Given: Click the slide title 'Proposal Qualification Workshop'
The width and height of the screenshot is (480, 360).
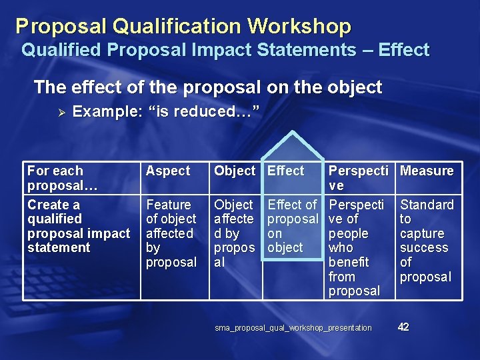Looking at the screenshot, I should coord(183,26).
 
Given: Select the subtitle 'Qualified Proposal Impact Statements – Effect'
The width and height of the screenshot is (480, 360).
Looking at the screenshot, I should coord(225,50).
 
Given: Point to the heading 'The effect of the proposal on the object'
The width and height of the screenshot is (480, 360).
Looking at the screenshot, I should coord(208,87).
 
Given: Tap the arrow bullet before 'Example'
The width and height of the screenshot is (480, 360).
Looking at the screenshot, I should coord(59,112).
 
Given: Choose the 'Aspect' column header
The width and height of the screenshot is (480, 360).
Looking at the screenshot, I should coord(168,171).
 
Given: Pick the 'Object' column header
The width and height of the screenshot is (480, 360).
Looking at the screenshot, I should coord(234,171).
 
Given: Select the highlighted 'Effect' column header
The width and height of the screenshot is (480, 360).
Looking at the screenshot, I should coord(285,171).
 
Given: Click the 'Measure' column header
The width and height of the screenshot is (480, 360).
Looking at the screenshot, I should coord(427,171).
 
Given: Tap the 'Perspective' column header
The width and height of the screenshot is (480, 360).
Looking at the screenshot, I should coord(358,178).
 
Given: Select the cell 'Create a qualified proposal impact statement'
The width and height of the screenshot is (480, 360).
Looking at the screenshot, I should coord(78,226).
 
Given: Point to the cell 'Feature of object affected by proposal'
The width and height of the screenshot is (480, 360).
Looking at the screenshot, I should coord(171,233).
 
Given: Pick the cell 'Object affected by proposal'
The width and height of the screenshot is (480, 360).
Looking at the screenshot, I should coord(234,233).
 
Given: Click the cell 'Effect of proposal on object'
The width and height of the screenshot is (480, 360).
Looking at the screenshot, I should coord(292,226).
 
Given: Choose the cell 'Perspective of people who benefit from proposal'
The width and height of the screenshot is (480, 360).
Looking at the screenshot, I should coord(357,247).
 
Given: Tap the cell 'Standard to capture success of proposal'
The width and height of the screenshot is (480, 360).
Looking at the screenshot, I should coord(426,240).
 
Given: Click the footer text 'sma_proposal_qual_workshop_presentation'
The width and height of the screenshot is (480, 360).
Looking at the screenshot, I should coord(293,328).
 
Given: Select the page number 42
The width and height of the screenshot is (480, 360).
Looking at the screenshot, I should coord(403,327).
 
